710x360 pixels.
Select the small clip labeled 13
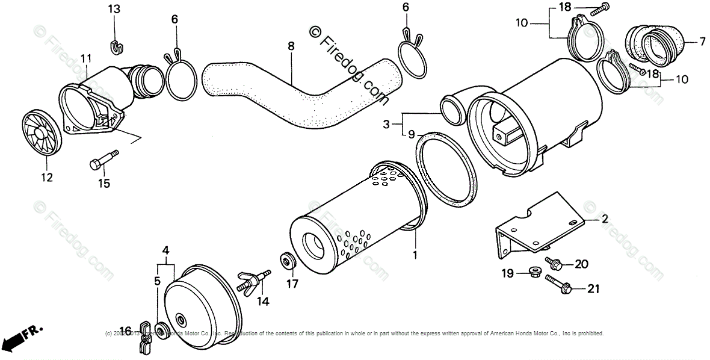(115, 45)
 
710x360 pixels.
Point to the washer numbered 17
(288, 262)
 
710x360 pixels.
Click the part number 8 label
(291, 45)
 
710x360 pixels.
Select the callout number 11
(85, 58)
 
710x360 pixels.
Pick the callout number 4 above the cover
(165, 249)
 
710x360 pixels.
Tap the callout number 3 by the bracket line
(386, 125)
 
